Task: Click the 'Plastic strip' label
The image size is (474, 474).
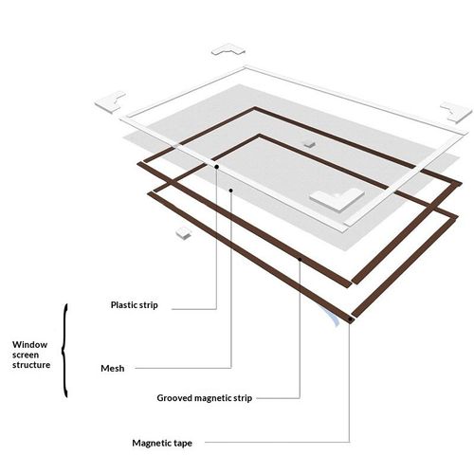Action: coord(135,305)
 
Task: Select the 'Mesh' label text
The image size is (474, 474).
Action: coord(113,369)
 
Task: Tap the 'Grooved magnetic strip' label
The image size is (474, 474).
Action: coord(205,398)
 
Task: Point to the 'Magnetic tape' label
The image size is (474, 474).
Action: coord(162,443)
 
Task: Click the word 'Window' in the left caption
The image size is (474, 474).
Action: coord(30,344)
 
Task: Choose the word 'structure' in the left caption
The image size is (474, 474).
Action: coord(31,365)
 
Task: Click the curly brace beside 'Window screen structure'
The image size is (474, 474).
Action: coord(64,351)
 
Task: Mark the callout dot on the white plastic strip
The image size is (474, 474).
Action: coord(217,167)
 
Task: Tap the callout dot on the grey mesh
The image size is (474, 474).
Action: coord(231,191)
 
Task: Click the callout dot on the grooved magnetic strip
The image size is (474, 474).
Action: coord(300,260)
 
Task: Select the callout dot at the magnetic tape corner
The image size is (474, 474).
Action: coord(350,319)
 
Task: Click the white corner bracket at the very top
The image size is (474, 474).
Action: coord(228,50)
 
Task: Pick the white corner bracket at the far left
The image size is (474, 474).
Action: coord(111,101)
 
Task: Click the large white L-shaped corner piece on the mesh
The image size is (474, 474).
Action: coord(337,199)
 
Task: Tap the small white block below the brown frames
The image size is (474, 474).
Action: coord(184,233)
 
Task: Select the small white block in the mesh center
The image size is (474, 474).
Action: coord(309,144)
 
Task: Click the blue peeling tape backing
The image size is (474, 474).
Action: coord(332,316)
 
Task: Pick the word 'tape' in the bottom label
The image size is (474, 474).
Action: coord(183,444)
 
